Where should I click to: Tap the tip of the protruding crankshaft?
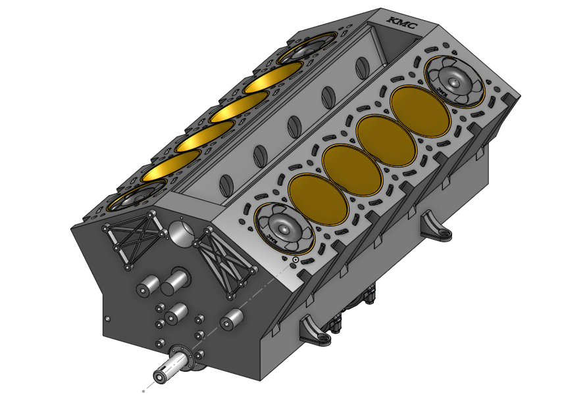160,376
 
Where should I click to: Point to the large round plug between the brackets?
180,232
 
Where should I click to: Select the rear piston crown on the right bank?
454,81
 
